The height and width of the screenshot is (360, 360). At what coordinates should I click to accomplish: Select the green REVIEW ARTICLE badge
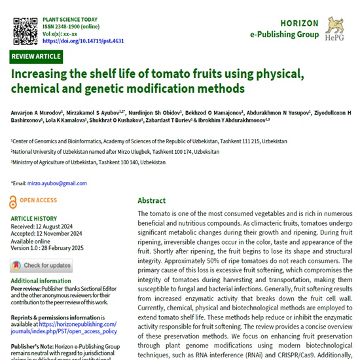click(37, 57)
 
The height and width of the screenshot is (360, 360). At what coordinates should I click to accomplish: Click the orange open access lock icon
click(14, 202)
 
